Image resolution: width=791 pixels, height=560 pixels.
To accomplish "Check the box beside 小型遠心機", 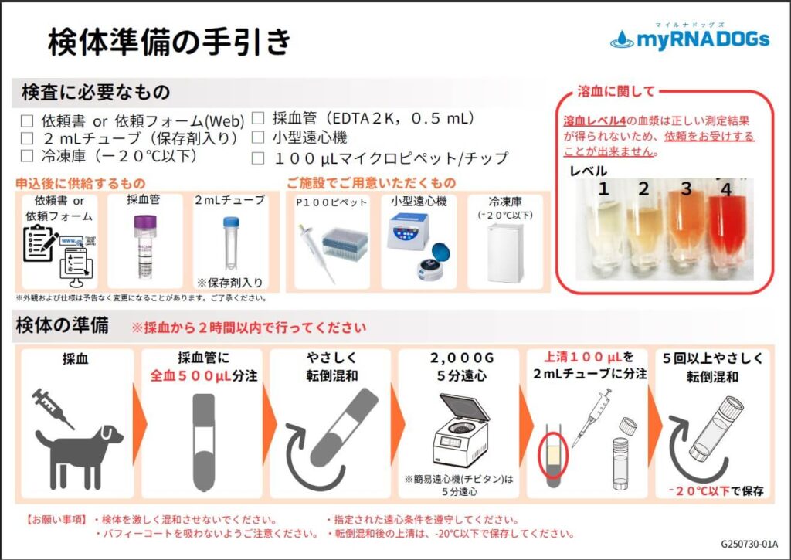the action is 258,137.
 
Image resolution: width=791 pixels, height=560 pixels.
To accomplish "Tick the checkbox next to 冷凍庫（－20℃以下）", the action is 27,156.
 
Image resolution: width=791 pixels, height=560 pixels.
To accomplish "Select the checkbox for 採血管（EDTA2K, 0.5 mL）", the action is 258,118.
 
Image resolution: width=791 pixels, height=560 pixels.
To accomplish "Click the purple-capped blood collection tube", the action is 144,246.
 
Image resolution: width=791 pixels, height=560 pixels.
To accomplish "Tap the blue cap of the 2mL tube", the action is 230,222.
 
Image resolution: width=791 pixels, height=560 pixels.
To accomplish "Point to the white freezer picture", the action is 505,253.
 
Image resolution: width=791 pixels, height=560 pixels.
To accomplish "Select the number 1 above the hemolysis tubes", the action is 603,189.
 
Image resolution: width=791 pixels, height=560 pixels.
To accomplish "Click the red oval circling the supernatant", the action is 553,455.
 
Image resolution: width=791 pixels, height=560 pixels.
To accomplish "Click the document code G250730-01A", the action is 749,545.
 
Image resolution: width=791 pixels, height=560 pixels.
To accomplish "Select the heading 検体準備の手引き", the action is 169,41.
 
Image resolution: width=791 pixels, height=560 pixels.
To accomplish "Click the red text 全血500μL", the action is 190,376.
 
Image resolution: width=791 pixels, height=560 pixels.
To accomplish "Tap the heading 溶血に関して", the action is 616,91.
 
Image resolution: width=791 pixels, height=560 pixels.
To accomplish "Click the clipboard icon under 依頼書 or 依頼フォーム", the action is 40,243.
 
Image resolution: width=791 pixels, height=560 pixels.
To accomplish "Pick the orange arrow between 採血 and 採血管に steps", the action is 139,423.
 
